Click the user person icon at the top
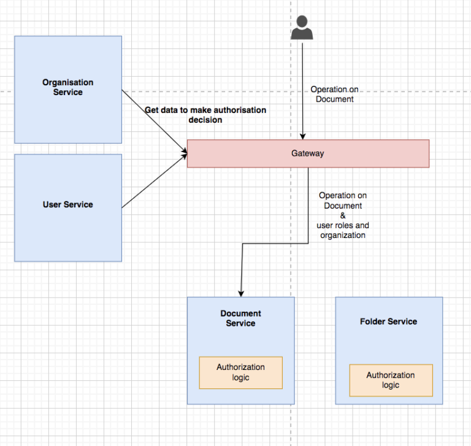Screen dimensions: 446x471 click(302, 28)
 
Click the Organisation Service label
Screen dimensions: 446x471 click(67, 87)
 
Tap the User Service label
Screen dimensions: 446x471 click(67, 204)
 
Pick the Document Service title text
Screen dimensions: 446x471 click(240, 318)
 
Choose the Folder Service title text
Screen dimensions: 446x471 click(388, 321)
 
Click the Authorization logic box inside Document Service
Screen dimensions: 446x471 click(240, 372)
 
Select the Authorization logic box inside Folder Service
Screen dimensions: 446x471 click(391, 380)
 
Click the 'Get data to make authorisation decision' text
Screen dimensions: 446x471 click(205, 115)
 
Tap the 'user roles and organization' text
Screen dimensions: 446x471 click(343, 230)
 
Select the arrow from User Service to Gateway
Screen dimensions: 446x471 click(153, 182)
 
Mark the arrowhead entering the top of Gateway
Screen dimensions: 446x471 click(302, 136)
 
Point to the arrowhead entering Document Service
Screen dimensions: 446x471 click(241, 293)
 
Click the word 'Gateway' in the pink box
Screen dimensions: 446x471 click(307, 153)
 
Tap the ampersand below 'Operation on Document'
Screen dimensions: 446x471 click(343, 215)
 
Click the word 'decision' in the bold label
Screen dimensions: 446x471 click(205, 120)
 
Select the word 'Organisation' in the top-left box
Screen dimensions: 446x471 click(67, 82)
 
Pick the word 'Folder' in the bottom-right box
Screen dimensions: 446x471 click(372, 321)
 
